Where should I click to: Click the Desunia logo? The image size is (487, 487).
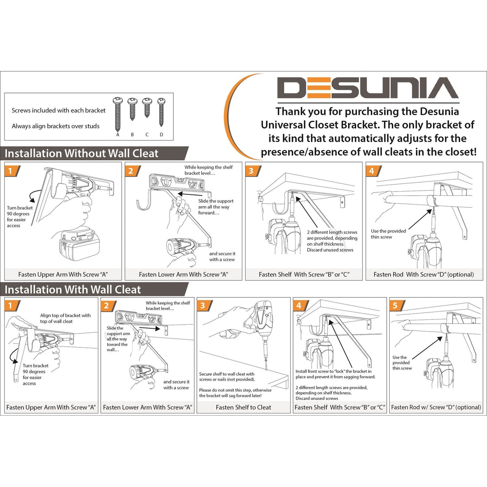pos(368,88)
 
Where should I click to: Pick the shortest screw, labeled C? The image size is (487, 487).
pos(147,108)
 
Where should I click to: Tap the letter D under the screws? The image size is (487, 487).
pos(162,134)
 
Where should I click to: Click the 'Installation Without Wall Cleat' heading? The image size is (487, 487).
pos(82,153)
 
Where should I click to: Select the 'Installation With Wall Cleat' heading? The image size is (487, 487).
pos(73,290)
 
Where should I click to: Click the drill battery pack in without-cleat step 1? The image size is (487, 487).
pos(79,245)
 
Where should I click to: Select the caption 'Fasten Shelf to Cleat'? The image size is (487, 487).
pos(243,407)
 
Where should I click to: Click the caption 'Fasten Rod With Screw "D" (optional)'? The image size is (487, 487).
pos(424,274)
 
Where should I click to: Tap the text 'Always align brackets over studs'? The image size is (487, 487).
pos(56,126)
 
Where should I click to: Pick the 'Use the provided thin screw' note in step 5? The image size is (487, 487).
pos(402,363)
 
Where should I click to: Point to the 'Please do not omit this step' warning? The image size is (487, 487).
pos(235,393)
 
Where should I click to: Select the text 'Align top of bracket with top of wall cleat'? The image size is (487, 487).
pos(65,319)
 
